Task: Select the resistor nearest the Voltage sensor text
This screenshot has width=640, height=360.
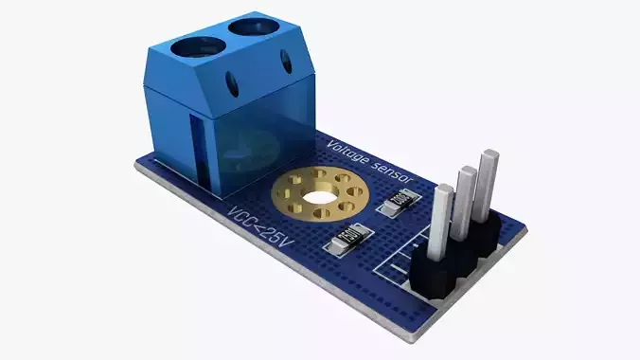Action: click(396, 200)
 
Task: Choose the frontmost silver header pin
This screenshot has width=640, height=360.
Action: click(440, 223)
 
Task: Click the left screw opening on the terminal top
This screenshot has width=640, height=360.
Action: click(195, 44)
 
